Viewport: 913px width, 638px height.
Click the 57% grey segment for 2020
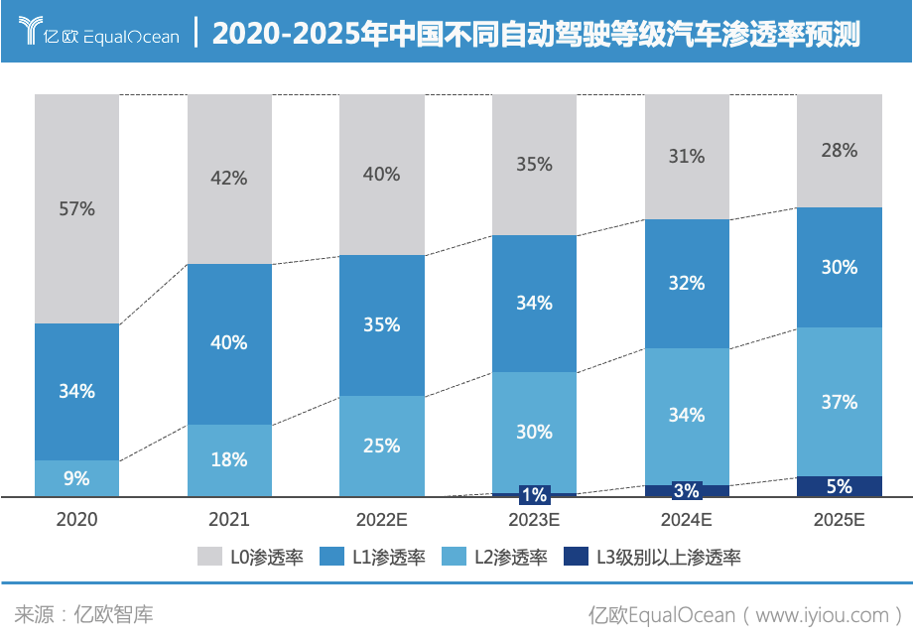[x=76, y=209]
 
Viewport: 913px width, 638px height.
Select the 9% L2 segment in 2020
[x=76, y=478]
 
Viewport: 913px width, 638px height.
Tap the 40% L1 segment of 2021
[x=229, y=343]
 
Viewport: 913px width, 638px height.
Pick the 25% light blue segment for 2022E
[x=381, y=447]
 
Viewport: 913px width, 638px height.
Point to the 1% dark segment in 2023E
[x=534, y=494]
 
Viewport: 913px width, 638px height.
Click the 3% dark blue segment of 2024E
[x=687, y=490]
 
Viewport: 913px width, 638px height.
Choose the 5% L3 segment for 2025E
[x=839, y=486]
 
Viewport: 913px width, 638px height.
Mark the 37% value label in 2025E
[x=839, y=402]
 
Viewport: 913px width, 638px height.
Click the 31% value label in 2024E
[x=687, y=156]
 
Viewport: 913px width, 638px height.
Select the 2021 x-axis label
[x=229, y=519]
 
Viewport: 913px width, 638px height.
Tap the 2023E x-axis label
[x=534, y=519]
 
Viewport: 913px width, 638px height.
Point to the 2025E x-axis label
[x=839, y=519]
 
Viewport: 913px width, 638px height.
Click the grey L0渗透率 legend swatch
[x=210, y=557]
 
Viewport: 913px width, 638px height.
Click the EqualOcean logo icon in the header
[x=31, y=31]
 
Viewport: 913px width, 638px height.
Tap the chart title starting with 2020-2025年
[x=536, y=34]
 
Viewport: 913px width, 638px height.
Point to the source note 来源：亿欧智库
[x=84, y=614]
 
